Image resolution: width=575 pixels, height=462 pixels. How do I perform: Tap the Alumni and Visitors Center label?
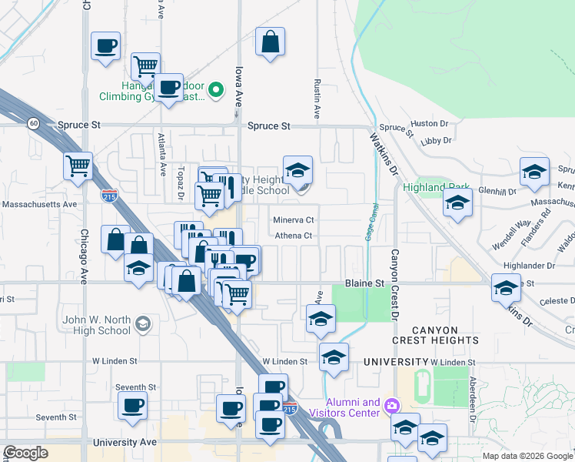coord(354,407)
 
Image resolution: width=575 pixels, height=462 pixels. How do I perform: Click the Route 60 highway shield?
coord(33,123)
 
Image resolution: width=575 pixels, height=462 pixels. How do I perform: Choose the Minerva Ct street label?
coord(294,219)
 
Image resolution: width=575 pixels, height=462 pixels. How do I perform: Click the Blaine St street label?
coord(364,283)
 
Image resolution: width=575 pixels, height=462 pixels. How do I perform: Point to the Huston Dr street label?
coord(424,123)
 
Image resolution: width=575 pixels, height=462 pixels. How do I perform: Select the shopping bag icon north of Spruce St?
coord(271,43)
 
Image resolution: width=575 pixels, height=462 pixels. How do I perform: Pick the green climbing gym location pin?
coord(217,91)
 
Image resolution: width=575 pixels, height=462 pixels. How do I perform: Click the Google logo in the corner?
coord(25,453)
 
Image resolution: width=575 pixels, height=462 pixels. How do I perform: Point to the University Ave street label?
coord(125,443)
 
